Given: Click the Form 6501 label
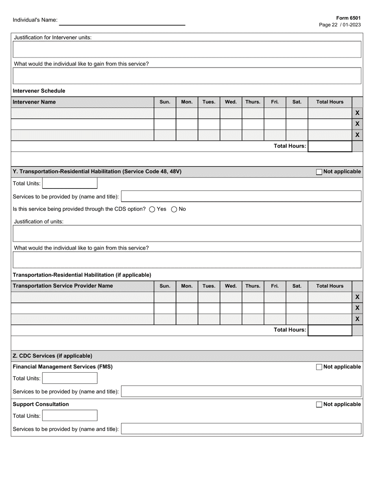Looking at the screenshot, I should coord(348,18).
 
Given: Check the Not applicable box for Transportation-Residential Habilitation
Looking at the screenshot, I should coord(319,172).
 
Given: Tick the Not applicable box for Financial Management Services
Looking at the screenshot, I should coord(319,367).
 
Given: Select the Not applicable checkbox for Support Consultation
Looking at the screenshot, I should coord(319,405).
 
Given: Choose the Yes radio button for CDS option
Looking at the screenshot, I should coord(152,209).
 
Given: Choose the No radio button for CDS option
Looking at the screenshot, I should coord(174,209).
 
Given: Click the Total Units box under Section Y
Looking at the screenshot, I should coord(69,183).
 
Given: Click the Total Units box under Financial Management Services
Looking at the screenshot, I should coord(69,379).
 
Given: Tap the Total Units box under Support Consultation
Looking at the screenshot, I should coord(69,416).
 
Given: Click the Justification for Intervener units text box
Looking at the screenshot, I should coord(187,49).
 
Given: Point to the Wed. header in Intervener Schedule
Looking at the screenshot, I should coord(231,102).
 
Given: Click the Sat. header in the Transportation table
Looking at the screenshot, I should coord(297,286).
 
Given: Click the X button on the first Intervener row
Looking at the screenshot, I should coord(357,113).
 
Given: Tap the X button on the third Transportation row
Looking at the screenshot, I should coord(357,319).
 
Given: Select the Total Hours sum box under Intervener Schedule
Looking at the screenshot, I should coord(330,146).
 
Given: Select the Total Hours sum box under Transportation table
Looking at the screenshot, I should coord(330,331).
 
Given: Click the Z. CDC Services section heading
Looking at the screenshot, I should coord(53,356).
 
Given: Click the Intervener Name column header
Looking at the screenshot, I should coord(34,102).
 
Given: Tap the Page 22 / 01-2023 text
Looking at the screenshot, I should coord(340,25).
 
